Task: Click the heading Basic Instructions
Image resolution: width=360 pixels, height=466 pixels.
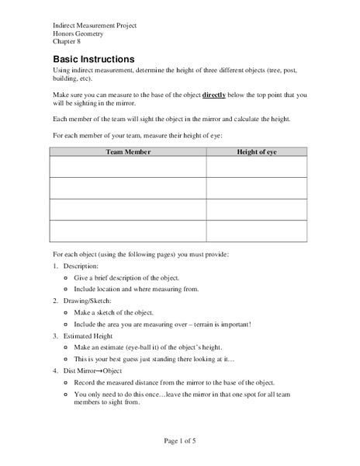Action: [x=93, y=60]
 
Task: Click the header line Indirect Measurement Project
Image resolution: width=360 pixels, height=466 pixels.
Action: [x=95, y=26]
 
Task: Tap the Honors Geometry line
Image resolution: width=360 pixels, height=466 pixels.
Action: [x=80, y=34]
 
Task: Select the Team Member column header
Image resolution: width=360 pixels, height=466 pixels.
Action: [x=128, y=152]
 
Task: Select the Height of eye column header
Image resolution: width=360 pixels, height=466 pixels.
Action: [x=256, y=152]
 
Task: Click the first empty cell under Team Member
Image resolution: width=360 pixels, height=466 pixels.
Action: [x=128, y=167]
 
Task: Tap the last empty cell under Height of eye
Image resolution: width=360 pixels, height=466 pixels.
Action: [x=256, y=231]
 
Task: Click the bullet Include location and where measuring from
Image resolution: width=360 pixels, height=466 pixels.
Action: [x=137, y=288]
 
